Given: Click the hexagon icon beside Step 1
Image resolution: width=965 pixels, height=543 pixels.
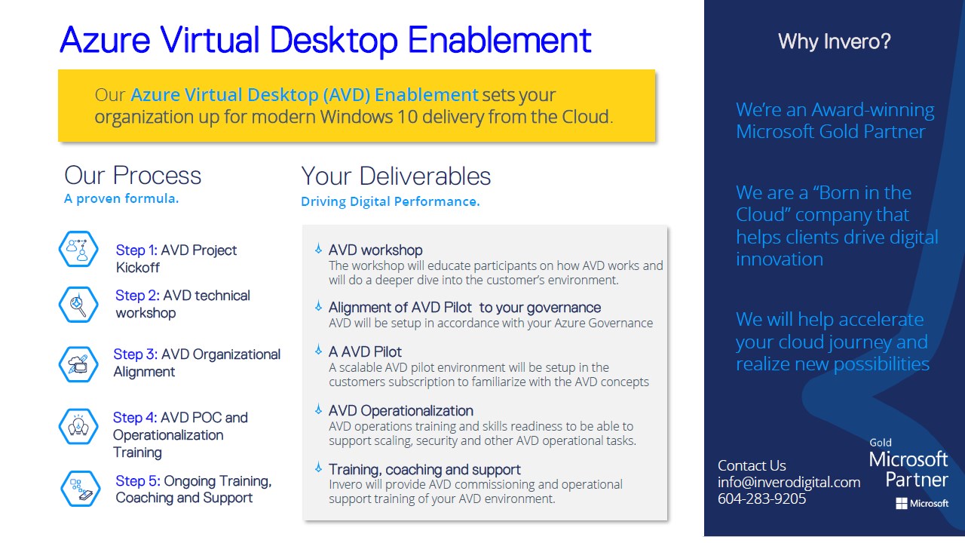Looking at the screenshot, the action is pos(78,249).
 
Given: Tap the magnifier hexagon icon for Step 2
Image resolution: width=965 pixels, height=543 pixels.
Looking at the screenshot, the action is pos(78,305).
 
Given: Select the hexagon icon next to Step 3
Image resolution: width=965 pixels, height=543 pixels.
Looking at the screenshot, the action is pos(78,364).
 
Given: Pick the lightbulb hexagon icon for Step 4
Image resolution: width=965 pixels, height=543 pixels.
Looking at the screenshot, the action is pos(78,427).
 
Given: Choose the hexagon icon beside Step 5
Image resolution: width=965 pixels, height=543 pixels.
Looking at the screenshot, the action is pos(81,489).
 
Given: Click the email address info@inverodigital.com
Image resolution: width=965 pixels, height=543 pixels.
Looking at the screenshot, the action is pos(789,482).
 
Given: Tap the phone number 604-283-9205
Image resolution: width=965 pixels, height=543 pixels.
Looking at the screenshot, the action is pos(761,499).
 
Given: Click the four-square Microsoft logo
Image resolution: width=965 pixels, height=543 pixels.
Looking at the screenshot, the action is pos(901,503).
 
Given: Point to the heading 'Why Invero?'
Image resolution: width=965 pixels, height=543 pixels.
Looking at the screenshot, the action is pos(834,41).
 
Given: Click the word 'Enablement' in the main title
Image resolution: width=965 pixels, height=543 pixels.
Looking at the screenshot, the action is pos(499,40).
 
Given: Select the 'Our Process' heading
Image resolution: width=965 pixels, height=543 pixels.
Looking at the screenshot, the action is pos(133,176).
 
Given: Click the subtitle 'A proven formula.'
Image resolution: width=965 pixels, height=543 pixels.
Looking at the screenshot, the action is pos(121,198).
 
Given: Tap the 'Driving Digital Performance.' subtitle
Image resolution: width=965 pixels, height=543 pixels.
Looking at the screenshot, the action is pos(391,201).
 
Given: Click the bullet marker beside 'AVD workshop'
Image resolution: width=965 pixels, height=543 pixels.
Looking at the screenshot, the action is pos(318,249).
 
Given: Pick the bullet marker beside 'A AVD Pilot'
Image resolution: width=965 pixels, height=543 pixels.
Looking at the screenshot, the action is pos(318,349).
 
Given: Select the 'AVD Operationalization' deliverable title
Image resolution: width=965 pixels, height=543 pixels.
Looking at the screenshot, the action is pos(400,411).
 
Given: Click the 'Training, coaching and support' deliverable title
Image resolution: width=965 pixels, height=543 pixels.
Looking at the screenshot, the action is pos(424,469).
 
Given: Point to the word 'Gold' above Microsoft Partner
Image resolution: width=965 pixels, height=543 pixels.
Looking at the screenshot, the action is pos(881,443).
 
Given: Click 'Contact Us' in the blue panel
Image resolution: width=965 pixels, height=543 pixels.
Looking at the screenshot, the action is pos(752,465).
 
